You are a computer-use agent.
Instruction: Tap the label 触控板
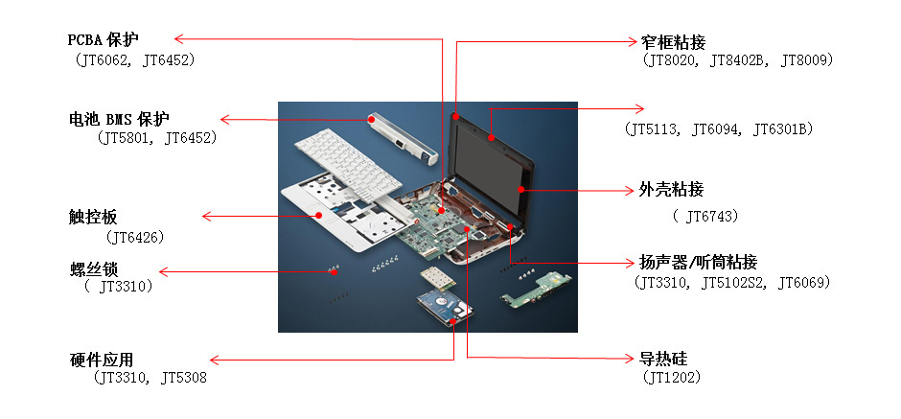coord(93,217)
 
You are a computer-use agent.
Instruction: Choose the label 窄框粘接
coord(672,41)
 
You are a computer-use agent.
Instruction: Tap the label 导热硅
coord(663,359)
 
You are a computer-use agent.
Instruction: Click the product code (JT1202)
coord(674,378)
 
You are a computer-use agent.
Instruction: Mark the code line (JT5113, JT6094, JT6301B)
coord(718,128)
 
